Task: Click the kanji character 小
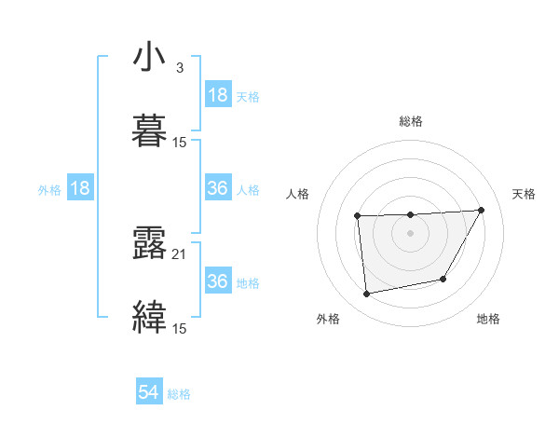(x=150, y=58)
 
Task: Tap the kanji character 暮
(x=150, y=131)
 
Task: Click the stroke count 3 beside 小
(x=179, y=68)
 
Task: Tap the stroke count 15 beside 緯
(x=179, y=328)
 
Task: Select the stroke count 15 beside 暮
(x=179, y=143)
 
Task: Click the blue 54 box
(x=149, y=393)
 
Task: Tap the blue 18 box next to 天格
(x=218, y=95)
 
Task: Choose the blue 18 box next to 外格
(x=80, y=188)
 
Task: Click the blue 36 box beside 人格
(x=218, y=188)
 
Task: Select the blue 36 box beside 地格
(x=218, y=281)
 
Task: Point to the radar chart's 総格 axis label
(x=411, y=121)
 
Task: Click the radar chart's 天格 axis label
(x=525, y=194)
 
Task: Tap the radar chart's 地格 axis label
(x=488, y=319)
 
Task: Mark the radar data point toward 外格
(x=367, y=294)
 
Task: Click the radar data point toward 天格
(x=481, y=210)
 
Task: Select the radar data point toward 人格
(x=358, y=216)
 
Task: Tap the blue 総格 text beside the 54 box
(x=179, y=394)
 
